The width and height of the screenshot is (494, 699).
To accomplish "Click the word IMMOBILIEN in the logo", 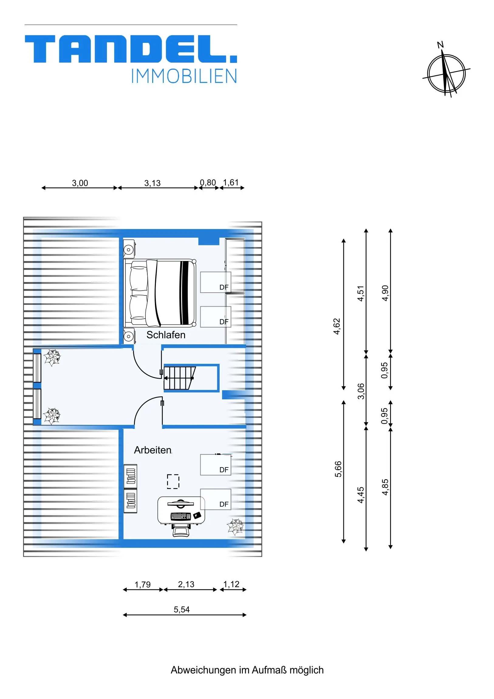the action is [x=184, y=76].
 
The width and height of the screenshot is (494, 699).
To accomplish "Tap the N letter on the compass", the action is [x=440, y=45].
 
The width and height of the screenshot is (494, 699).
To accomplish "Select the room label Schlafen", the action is [x=166, y=335].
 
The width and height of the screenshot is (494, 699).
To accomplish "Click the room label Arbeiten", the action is [x=153, y=450].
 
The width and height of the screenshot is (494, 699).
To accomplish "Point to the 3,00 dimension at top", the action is [x=80, y=183].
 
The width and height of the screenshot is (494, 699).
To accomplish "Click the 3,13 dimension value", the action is [x=153, y=183].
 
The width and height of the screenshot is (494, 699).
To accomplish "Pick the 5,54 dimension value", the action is [x=182, y=609].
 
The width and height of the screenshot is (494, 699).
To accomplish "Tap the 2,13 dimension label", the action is [x=186, y=584].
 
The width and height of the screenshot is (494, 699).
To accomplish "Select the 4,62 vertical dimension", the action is [x=337, y=326].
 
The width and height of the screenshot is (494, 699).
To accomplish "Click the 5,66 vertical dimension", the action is [x=338, y=469].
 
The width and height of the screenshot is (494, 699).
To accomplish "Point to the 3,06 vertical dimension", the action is [x=361, y=391].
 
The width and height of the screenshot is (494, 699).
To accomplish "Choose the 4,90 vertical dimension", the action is [x=385, y=293].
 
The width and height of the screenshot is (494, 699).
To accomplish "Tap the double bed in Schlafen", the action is [x=160, y=293].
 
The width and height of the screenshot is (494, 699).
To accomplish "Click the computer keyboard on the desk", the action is [x=181, y=516].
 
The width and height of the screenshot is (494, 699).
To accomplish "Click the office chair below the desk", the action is [x=181, y=530].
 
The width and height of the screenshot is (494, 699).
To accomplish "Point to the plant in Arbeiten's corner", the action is [x=235, y=527].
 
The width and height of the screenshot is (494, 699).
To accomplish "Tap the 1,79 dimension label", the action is [x=143, y=584].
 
